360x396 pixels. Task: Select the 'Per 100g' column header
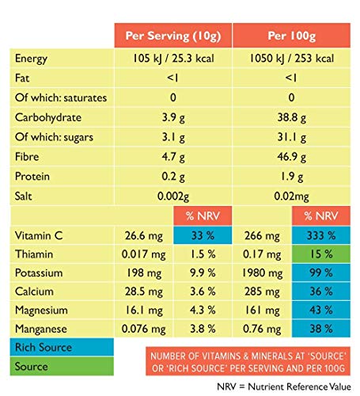tap(292, 36)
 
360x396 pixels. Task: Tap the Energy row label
tap(32, 59)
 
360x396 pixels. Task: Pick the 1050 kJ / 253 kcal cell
tap(292, 59)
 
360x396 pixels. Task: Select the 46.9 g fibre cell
tap(292, 157)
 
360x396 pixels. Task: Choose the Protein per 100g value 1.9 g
tap(292, 176)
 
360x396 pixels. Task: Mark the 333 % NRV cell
tap(321, 235)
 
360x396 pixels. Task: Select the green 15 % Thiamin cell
tap(321, 254)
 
